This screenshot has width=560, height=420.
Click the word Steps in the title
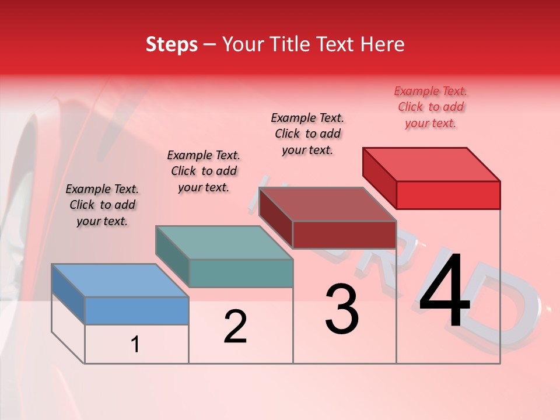pos(171,44)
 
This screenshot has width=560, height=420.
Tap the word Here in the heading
pos(382,44)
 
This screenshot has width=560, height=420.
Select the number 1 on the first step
pos(135,345)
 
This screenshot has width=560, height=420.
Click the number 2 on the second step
pos(235,327)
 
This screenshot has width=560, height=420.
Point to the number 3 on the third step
pos(342,309)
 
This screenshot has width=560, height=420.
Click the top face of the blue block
pos(120,281)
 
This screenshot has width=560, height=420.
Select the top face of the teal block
pos(224,243)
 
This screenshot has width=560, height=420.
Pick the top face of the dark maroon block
pos(327,204)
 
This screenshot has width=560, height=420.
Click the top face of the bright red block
pos(431,164)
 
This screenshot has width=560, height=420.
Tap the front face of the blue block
pos(136,310)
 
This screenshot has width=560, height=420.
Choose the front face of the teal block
pos(241,273)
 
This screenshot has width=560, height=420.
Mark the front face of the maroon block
pos(344,235)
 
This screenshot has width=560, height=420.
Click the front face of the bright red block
pos(448,195)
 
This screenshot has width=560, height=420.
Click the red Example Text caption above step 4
pos(430,107)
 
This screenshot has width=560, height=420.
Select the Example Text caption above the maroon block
pos(307,134)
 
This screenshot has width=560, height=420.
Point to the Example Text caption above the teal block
pos(204,171)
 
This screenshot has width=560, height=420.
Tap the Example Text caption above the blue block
pos(102,205)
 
